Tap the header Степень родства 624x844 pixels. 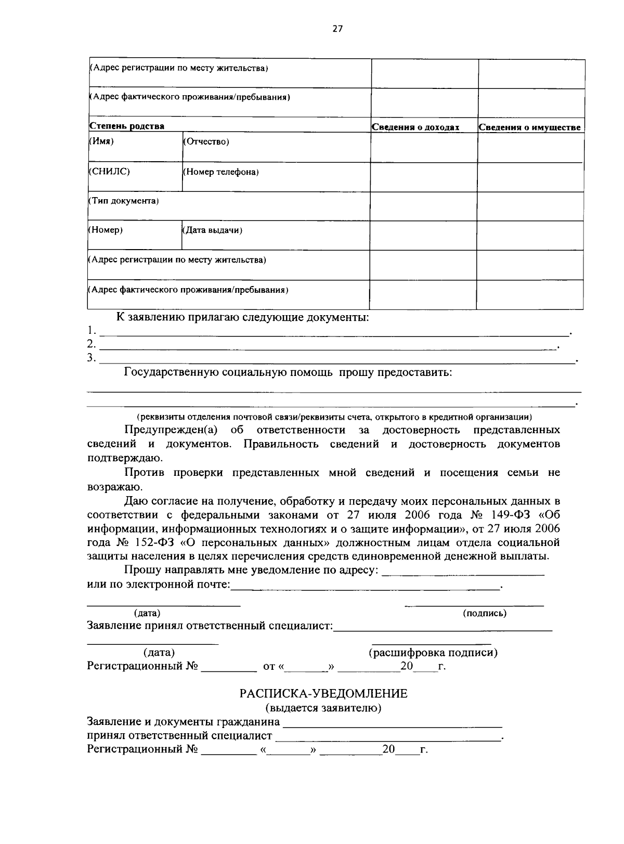point(127,126)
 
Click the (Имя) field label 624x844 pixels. point(101,141)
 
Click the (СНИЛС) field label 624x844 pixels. point(109,171)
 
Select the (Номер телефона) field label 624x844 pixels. point(220,172)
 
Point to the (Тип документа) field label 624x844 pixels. point(123,201)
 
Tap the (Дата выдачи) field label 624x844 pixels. point(212,230)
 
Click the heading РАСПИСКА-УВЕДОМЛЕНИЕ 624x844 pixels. point(323,694)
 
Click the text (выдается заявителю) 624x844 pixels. point(323,708)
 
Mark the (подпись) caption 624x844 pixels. point(485,613)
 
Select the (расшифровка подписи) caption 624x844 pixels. point(433,653)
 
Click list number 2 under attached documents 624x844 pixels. point(91,344)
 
